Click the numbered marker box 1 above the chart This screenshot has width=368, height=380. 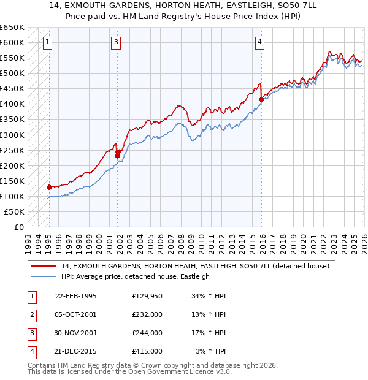pos(48,42)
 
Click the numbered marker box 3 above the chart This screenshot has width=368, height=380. pos(117,42)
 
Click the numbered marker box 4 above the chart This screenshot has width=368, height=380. pos(260,42)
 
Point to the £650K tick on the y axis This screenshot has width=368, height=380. pos(12,28)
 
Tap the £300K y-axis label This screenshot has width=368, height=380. pos(12,135)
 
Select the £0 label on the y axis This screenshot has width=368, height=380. pos(18,227)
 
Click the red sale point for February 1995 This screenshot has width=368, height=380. pos(49,187)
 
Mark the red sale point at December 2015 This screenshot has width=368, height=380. pos(261,99)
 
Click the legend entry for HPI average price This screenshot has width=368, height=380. pos(135,276)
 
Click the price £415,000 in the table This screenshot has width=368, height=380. pos(147,351)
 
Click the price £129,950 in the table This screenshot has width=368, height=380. pos(147,296)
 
